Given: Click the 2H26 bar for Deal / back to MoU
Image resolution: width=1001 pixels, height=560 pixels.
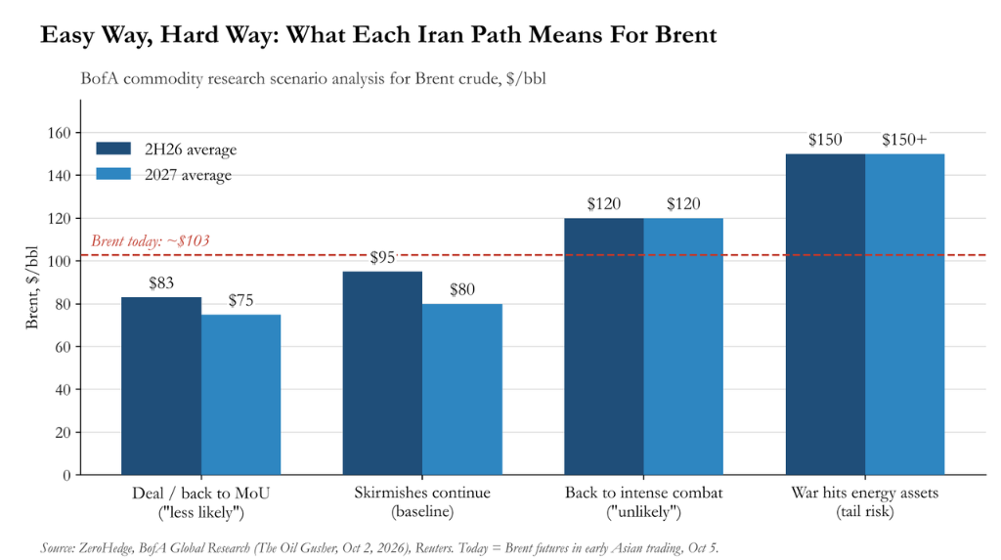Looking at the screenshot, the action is (161, 386).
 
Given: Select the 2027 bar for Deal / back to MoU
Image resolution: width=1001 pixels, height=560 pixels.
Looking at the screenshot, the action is (240, 395).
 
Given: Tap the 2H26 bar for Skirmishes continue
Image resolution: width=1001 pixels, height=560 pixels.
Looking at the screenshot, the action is (382, 373).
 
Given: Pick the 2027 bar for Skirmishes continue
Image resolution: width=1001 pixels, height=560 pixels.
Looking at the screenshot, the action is (462, 389).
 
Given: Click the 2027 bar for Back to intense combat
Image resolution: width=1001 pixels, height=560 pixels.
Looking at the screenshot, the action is (683, 347).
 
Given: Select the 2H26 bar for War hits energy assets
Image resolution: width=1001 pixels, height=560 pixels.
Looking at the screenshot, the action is (825, 314).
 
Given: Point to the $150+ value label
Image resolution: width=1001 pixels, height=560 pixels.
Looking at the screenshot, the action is (904, 140).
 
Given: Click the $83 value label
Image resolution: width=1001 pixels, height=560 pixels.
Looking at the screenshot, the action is (161, 282).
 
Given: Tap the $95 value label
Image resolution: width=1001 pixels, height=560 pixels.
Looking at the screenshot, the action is (382, 257).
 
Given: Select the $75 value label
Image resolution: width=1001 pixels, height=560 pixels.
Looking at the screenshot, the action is (240, 300).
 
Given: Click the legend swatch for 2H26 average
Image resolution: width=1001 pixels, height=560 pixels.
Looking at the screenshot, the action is (113, 149).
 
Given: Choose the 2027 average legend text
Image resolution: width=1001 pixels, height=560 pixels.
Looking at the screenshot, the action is (189, 175).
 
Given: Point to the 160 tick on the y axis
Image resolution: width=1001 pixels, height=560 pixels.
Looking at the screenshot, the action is (60, 133).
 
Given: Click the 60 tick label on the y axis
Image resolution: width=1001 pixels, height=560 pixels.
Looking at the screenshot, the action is (64, 347).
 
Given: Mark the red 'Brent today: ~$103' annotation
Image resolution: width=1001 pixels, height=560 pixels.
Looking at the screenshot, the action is (151, 240).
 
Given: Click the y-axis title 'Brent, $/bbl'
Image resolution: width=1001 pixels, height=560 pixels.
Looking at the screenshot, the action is (32, 287).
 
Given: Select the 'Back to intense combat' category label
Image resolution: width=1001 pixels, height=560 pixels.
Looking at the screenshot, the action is (643, 493).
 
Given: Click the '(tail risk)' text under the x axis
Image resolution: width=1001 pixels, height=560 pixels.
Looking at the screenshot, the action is (865, 511).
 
